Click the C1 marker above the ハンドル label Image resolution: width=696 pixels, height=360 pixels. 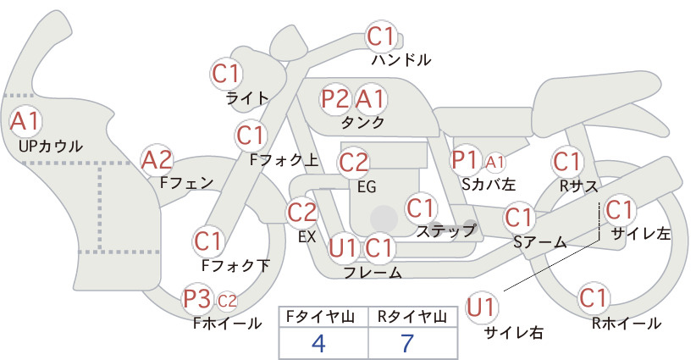381,36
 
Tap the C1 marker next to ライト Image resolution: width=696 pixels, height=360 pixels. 226,74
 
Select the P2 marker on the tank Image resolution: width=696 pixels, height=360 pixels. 335,98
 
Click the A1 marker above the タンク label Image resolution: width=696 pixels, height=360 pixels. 369,98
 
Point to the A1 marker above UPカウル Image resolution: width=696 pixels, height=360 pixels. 25,121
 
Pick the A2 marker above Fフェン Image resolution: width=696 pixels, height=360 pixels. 157,160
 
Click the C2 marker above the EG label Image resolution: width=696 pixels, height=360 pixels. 353,163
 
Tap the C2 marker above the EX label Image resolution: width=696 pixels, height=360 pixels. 301,212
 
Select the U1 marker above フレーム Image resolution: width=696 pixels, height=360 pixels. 343,247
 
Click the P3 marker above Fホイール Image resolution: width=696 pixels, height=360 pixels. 197,299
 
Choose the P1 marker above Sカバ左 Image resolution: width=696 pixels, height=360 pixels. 465,160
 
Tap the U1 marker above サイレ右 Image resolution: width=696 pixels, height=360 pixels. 481,307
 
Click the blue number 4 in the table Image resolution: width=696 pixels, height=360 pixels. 319,343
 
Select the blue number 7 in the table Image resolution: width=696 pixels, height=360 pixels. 407,343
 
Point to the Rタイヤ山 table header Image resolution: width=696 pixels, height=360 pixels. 412,317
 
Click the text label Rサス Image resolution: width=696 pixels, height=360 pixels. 578,186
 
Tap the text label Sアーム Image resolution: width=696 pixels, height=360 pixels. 540,242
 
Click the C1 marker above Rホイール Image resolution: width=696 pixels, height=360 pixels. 594,297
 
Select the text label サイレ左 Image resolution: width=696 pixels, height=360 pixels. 640,234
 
